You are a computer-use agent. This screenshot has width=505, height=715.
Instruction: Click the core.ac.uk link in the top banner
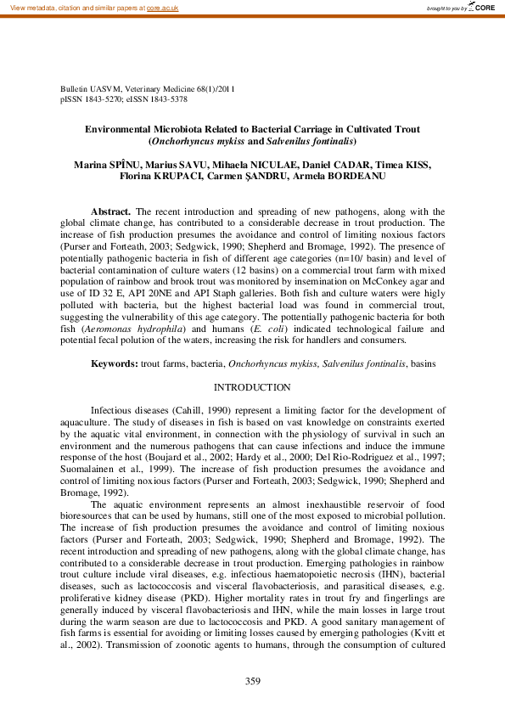(164, 8)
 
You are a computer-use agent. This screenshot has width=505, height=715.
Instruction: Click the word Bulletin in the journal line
(75, 88)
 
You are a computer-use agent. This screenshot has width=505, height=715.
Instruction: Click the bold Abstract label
(110, 211)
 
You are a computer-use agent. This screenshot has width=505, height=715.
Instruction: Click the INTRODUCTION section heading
(252, 387)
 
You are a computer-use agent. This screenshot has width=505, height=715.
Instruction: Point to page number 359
(252, 681)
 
